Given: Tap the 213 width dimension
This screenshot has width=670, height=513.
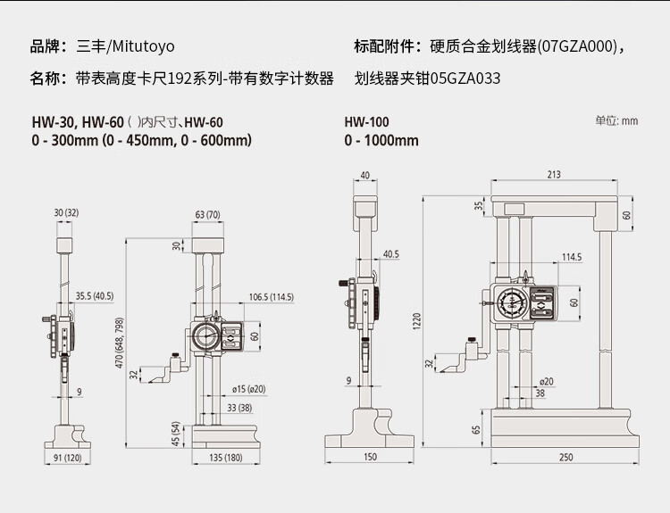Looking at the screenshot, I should [554, 175].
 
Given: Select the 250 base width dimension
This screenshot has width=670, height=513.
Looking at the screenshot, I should [566, 458].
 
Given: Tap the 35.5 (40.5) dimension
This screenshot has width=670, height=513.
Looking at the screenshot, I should [95, 296].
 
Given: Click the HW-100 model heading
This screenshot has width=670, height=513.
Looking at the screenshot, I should [367, 122].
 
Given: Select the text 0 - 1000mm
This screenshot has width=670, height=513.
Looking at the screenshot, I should [381, 140].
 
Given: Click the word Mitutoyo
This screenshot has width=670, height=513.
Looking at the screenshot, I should [142, 46].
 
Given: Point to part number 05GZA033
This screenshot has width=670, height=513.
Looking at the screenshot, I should [465, 79].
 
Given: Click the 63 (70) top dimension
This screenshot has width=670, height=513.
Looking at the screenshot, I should [207, 214].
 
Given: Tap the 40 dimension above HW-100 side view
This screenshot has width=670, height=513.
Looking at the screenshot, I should [364, 175].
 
